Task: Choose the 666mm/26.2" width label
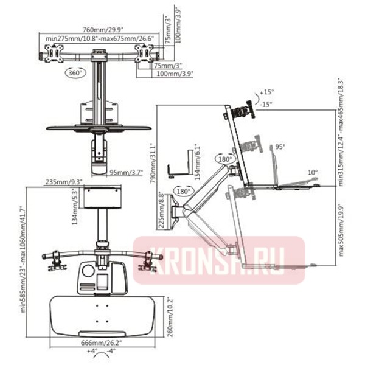click(102, 342)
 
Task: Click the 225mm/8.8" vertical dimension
click(161, 208)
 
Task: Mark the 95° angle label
click(280, 147)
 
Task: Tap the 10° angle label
click(312, 172)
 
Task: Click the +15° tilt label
click(268, 92)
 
